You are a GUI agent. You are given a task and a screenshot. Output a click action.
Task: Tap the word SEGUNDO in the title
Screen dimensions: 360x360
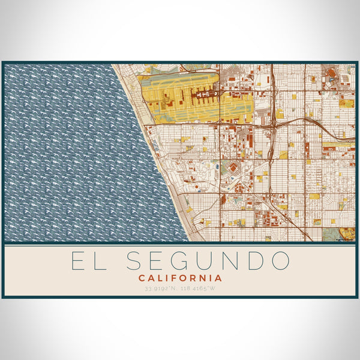[x=208, y=262]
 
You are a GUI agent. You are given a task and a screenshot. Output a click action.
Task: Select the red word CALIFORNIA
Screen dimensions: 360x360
[x=180, y=278]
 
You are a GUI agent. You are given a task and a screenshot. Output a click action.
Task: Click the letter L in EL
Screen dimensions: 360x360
[x=103, y=262]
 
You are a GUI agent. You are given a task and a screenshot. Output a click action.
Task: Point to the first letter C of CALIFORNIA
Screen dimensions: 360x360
[x=142, y=278]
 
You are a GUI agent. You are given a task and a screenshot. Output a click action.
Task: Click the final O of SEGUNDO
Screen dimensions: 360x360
[x=280, y=262]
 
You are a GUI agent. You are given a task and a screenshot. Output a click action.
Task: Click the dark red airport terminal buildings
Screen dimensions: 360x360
[x=204, y=94]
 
